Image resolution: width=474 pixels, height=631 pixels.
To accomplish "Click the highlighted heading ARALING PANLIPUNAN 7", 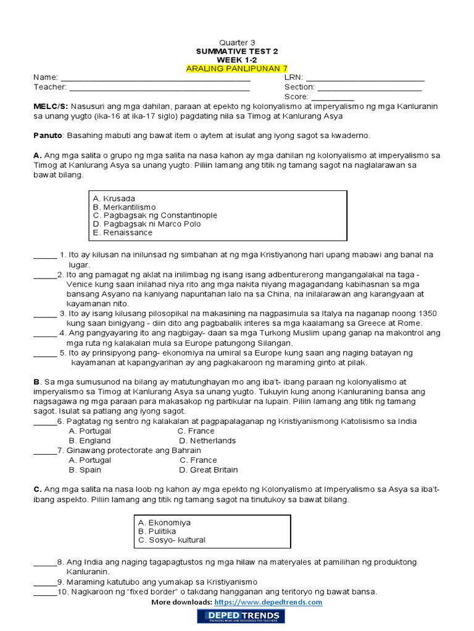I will coord(237,68).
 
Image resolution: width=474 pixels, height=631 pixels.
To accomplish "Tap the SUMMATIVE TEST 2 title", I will coord(237,51).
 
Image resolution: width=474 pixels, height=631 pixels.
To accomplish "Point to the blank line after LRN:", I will coord(365,78).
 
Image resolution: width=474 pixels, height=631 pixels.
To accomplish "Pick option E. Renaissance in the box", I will coord(122,233).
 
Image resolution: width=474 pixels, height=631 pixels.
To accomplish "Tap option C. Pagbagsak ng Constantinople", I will coord(155,216).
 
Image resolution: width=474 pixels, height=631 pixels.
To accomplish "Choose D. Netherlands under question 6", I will coord(207,441).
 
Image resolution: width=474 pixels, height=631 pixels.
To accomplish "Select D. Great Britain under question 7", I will coord(208,470).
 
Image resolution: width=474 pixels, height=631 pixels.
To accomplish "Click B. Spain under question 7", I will coord(85,470).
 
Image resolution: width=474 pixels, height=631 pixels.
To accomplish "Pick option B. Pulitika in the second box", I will coord(157,531).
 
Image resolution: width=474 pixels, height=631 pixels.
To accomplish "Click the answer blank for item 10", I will coord(44,592).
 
